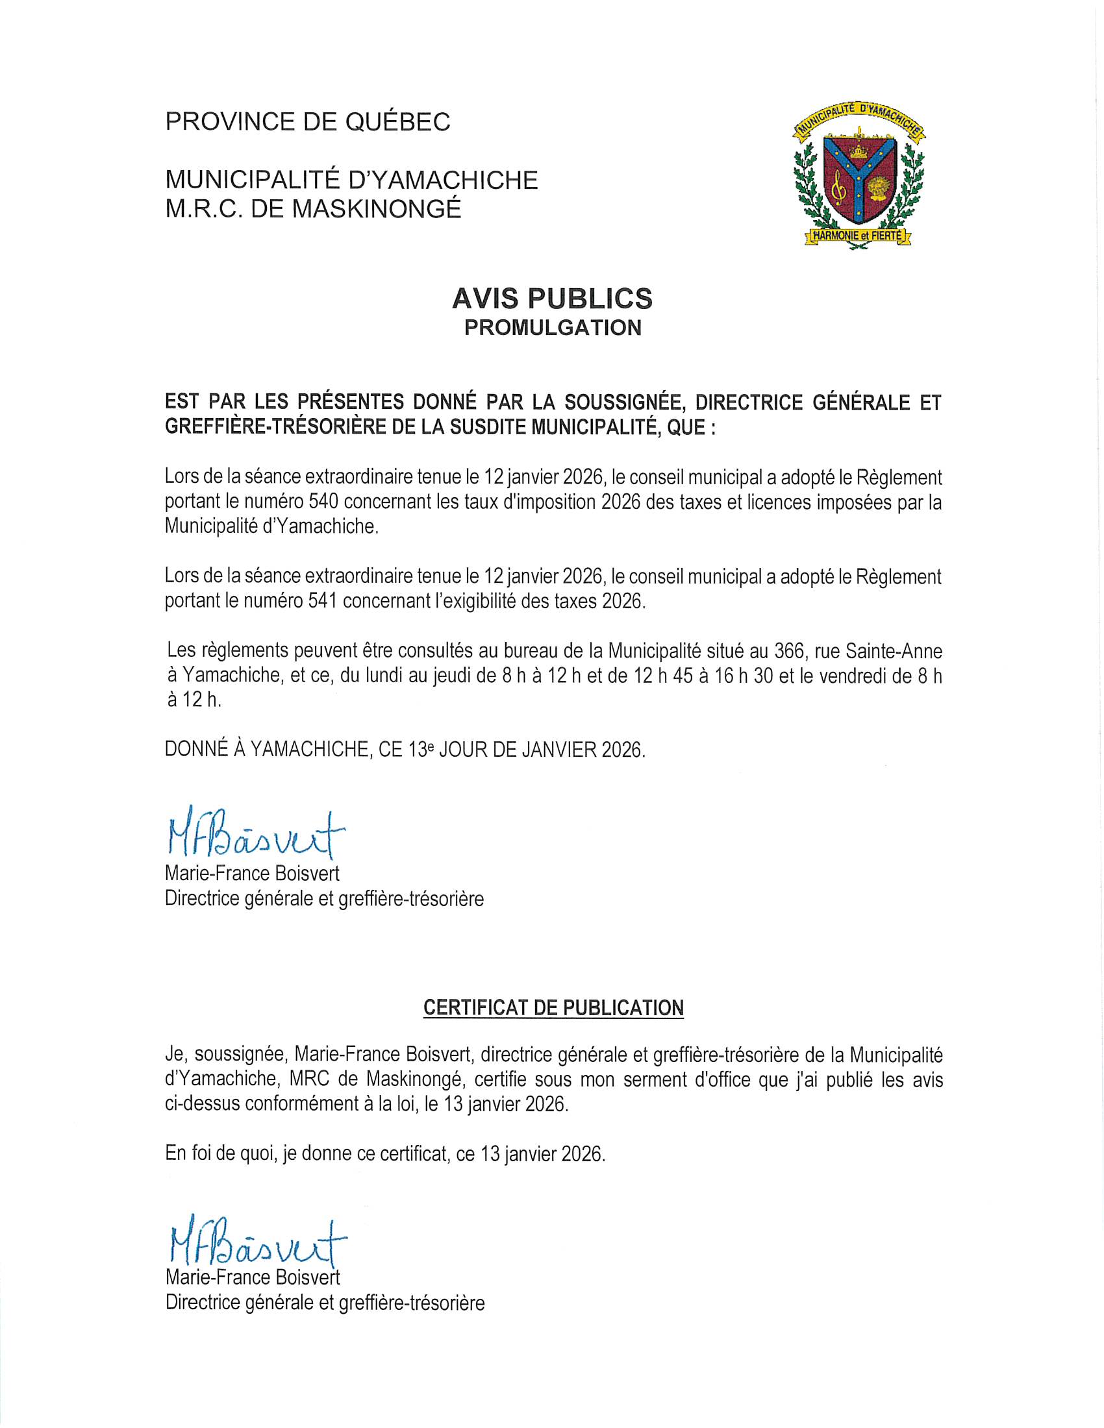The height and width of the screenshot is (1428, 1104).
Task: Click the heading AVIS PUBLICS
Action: point(552,299)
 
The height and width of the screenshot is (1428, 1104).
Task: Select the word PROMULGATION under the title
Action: point(552,328)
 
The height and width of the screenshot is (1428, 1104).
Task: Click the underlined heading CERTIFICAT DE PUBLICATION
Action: point(553,1007)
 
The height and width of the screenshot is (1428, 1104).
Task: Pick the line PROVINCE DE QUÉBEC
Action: point(308,121)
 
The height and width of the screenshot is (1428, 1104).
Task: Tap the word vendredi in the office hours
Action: point(862,676)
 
